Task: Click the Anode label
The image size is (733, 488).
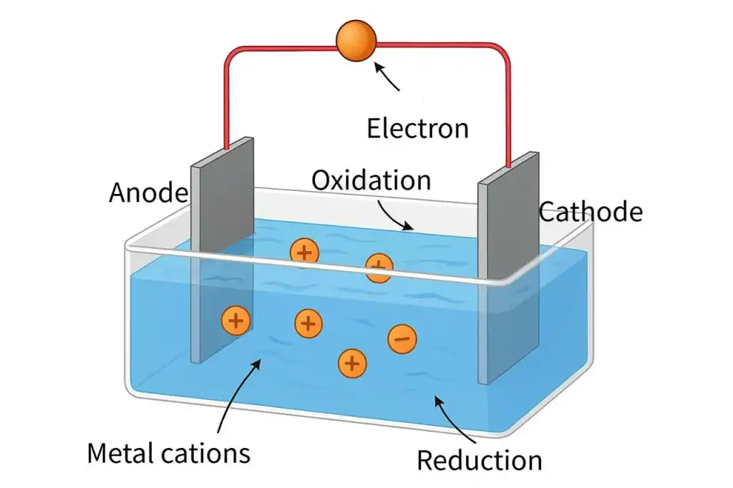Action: [x=148, y=192]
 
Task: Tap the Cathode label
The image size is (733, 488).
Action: [x=591, y=212]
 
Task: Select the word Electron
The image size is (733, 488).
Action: [x=417, y=128]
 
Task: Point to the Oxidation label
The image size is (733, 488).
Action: [x=371, y=180]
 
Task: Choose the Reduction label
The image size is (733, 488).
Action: [x=479, y=460]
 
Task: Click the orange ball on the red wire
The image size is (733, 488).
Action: [x=356, y=39]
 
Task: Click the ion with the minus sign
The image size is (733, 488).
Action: [x=402, y=338]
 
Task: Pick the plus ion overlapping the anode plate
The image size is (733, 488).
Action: [x=236, y=321]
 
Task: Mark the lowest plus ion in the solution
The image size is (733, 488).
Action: [x=351, y=363]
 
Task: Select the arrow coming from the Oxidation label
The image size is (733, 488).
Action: [x=394, y=214]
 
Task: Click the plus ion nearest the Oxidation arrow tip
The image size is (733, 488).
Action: [x=379, y=268]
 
